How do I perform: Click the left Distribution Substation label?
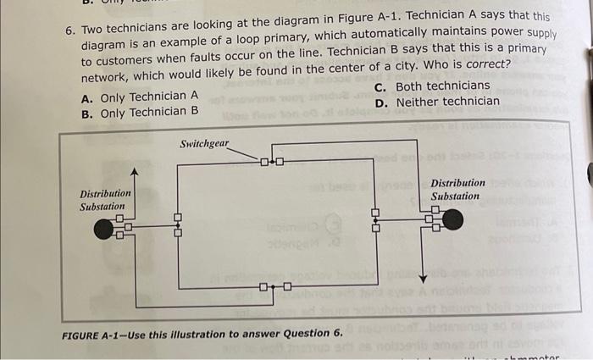coord(105,199)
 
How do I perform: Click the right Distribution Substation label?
coord(457,190)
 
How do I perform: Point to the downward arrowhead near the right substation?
coord(422,276)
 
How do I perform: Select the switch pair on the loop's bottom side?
coord(274,286)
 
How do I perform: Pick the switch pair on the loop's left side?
coord(177,223)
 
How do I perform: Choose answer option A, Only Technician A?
coord(139,96)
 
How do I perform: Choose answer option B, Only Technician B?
coord(139,112)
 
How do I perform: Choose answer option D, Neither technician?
coord(436,102)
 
